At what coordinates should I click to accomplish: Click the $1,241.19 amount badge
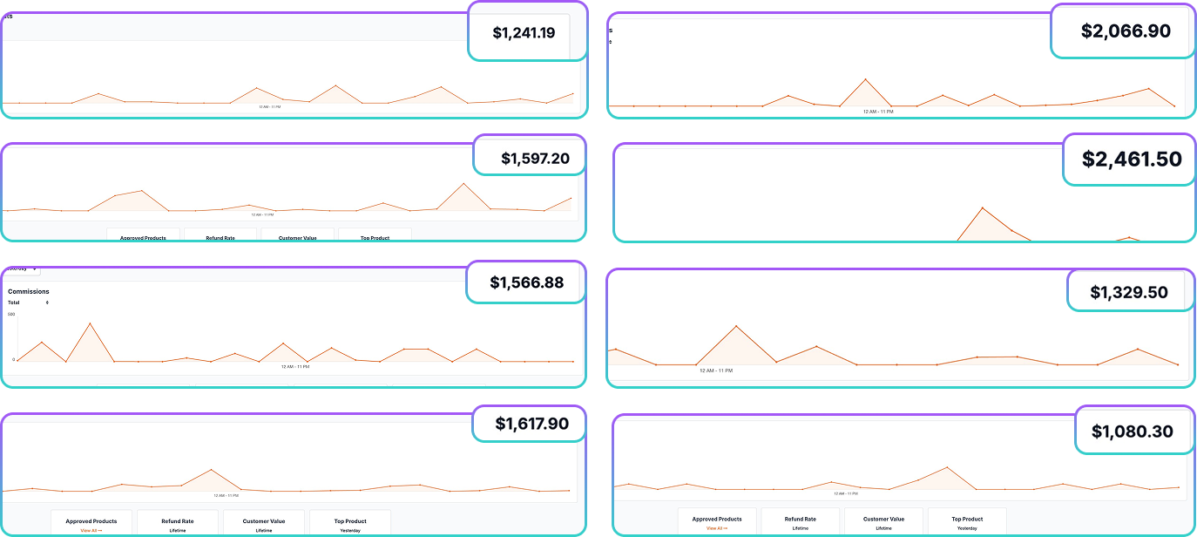524,33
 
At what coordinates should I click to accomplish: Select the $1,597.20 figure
535,159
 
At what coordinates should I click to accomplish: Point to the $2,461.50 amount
1132,160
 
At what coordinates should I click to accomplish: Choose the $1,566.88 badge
526,282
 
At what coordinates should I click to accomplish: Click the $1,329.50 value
1129,292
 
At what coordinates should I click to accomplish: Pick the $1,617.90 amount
531,424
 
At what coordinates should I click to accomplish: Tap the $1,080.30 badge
1132,431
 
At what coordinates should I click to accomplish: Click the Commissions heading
29,291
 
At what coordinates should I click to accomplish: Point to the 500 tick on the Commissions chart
11,314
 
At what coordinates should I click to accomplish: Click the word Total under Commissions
14,302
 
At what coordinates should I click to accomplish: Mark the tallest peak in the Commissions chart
91,323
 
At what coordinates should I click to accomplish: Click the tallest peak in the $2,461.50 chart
983,207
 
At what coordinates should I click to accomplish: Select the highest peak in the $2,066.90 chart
865,79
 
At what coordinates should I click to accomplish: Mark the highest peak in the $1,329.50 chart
737,326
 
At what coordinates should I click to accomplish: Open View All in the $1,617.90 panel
91,530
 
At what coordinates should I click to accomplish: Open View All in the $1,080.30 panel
717,528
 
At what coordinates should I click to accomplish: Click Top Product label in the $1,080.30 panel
967,519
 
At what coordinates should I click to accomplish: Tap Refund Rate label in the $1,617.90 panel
178,521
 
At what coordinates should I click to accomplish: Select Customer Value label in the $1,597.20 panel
297,237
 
